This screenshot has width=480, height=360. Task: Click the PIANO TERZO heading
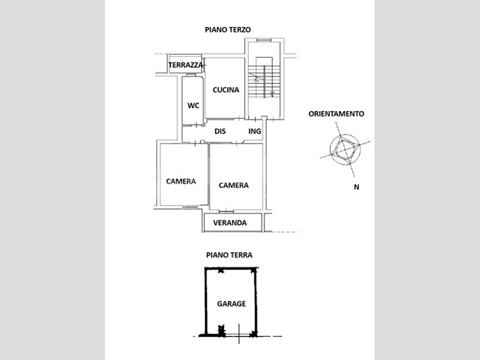coord(228,30)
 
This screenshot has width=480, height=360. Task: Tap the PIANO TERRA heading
coord(230,255)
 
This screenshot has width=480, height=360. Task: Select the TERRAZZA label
coord(186,65)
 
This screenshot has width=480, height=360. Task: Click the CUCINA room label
coord(226,89)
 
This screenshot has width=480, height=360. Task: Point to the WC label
coord(193,106)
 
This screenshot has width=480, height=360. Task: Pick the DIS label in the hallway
coord(220,131)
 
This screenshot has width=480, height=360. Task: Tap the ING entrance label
coord(255,131)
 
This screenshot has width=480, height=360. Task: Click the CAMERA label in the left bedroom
coord(181,181)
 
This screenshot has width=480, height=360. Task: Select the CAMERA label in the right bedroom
coord(233,185)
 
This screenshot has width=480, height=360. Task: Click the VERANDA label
coord(230,223)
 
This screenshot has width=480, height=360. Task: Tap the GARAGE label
coord(231,304)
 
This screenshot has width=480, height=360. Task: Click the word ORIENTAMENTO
coord(336,113)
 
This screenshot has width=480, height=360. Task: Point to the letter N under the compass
coord(357,187)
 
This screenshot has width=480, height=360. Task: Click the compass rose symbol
coord(345,150)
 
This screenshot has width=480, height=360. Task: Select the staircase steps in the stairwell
coord(264,82)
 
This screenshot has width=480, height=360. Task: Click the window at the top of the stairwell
coord(263,40)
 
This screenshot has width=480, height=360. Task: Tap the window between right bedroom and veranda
coord(227,211)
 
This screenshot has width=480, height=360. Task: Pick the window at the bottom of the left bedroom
coord(190,207)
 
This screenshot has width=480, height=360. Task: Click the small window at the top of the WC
coord(191,75)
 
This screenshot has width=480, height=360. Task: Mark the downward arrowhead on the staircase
coord(272,94)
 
